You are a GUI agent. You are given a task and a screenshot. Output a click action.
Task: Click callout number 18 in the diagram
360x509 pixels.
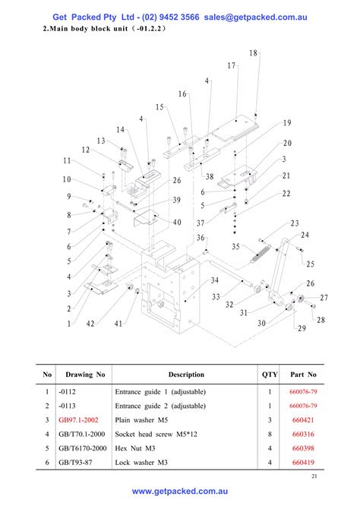(x=253, y=53)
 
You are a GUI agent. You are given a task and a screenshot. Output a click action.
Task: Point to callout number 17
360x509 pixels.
(x=231, y=66)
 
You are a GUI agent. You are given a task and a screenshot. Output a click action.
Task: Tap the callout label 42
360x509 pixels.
(x=90, y=324)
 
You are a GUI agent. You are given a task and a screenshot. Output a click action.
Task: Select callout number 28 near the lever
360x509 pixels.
(x=321, y=320)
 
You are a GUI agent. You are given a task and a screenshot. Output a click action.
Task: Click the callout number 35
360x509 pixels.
(x=236, y=247)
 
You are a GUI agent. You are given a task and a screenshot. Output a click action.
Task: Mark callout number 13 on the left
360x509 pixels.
(x=101, y=141)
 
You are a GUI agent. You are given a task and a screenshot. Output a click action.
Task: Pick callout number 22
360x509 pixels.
(x=286, y=194)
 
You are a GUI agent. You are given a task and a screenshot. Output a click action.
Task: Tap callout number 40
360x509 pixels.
(x=177, y=222)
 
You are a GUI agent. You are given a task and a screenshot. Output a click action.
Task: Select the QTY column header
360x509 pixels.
(x=270, y=375)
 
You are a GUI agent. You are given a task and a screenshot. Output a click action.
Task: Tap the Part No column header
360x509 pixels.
(x=303, y=375)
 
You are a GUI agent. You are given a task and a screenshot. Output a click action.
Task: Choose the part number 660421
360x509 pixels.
(x=303, y=419)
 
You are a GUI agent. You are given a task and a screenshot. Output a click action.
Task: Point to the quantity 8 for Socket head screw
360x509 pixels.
(x=270, y=434)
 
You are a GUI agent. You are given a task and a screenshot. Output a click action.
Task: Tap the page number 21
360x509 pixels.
(x=314, y=476)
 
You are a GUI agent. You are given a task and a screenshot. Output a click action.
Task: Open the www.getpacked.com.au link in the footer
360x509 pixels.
(x=180, y=492)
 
